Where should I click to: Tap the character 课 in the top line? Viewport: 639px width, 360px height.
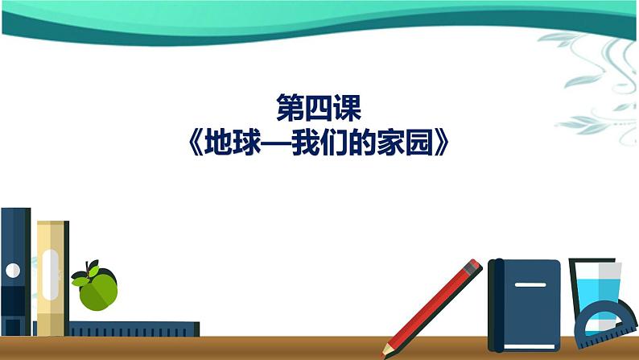pos(349,108)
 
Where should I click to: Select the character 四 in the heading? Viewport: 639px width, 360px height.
pos(319,108)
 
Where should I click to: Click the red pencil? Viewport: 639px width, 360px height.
pos(435,306)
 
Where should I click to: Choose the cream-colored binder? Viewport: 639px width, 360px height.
pos(51,278)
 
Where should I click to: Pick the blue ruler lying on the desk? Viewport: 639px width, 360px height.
pos(133,329)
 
